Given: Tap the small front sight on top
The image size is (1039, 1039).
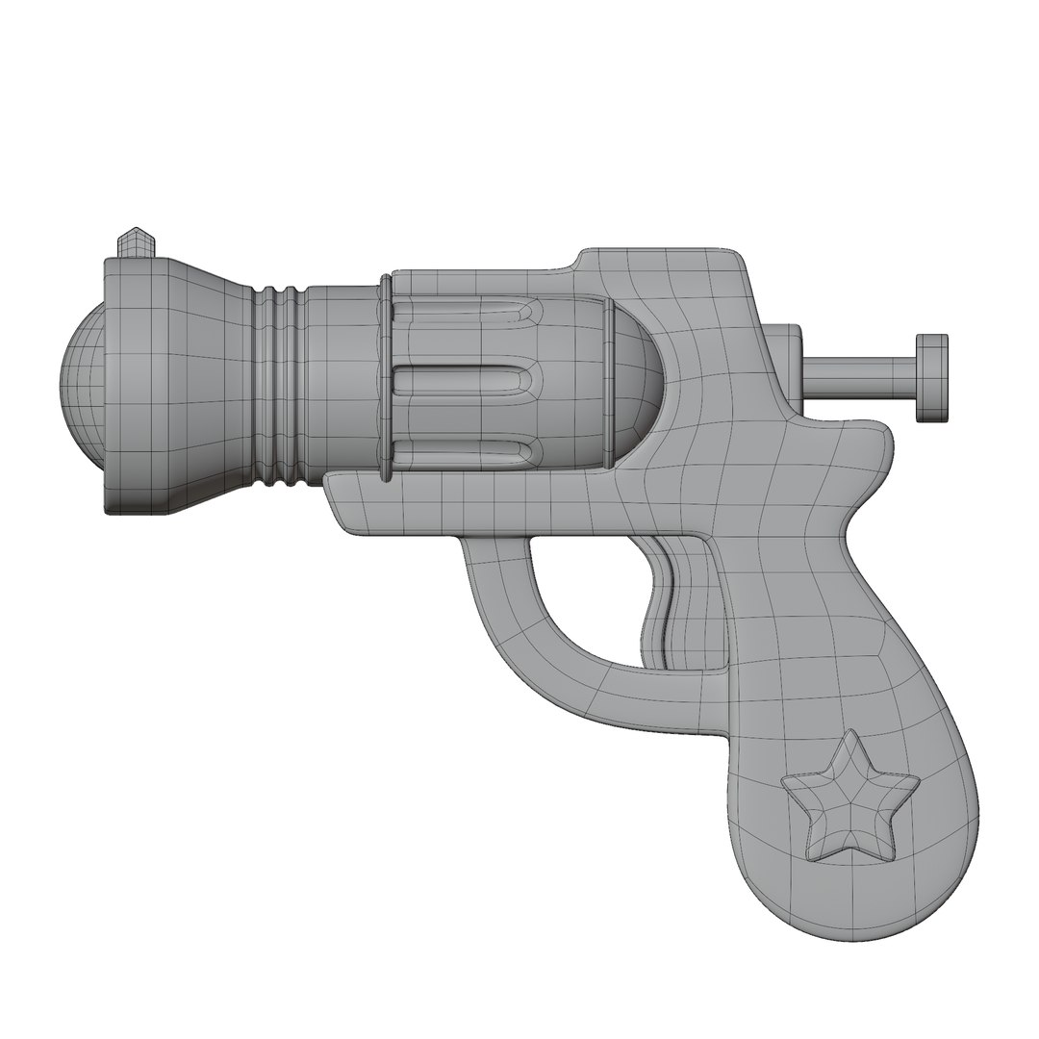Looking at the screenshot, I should [135, 243].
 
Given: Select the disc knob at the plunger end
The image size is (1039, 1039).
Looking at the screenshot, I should [931, 378].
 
